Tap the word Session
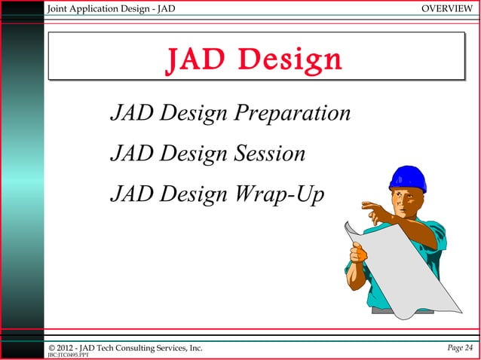point(269,154)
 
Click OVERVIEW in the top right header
point(448,8)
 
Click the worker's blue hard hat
point(408,178)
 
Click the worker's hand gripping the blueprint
point(360,254)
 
